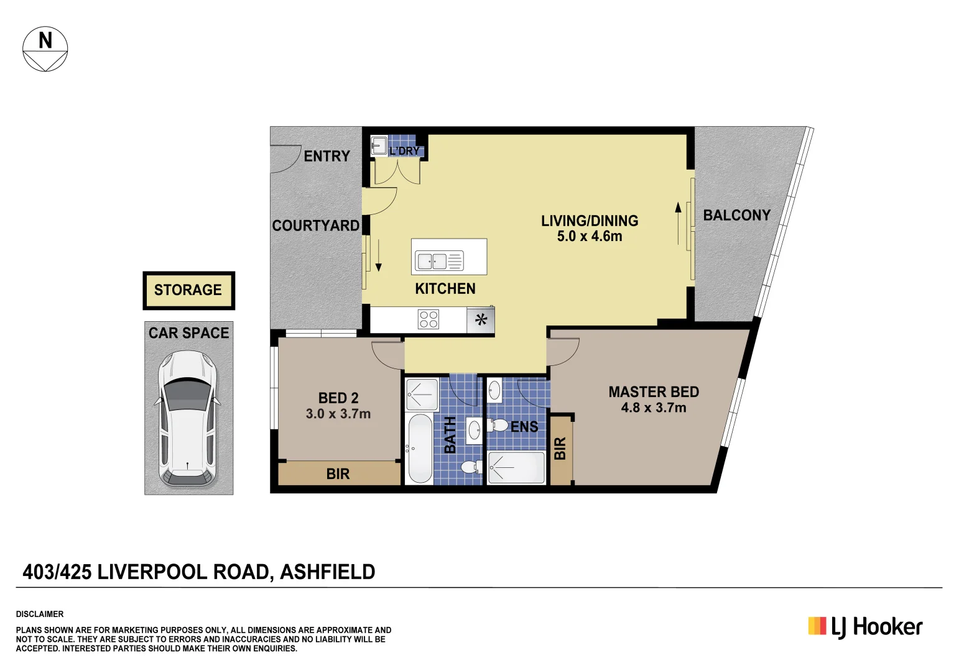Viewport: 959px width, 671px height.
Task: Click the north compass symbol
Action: (45, 49)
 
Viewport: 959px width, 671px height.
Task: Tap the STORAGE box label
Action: (188, 290)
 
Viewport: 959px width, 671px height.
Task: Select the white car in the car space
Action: (188, 418)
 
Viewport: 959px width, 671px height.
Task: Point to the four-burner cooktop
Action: (429, 319)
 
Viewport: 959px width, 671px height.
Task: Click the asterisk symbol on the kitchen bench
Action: (481, 321)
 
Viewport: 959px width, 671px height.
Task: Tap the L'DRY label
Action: (404, 151)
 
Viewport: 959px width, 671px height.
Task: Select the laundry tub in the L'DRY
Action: (379, 145)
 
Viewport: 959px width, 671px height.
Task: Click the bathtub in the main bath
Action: (420, 448)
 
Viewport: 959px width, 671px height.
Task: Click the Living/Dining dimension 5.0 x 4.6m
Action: (589, 237)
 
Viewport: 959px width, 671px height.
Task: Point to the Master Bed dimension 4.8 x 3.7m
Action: (653, 408)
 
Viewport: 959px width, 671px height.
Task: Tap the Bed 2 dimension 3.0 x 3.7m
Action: (338, 414)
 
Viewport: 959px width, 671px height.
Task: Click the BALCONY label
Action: (736, 216)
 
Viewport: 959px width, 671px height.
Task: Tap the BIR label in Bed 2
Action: (338, 474)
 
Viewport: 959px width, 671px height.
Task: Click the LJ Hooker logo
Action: (865, 627)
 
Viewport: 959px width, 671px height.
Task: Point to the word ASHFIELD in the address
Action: (328, 572)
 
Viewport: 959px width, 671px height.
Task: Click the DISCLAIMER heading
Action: (40, 614)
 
